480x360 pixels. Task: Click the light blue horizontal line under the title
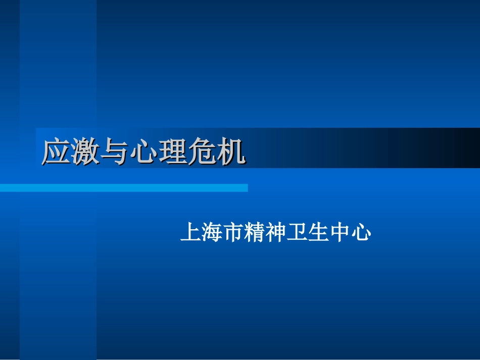pyautogui.click(x=124, y=188)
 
